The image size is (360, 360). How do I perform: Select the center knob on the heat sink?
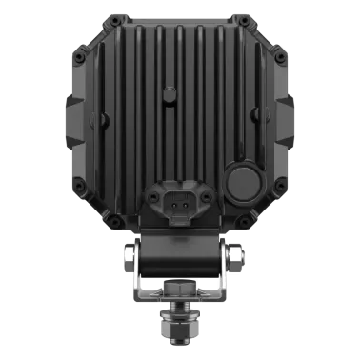point(170,93)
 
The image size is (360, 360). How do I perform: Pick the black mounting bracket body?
point(181,262)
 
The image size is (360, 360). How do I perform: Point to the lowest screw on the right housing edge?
point(247,221)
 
